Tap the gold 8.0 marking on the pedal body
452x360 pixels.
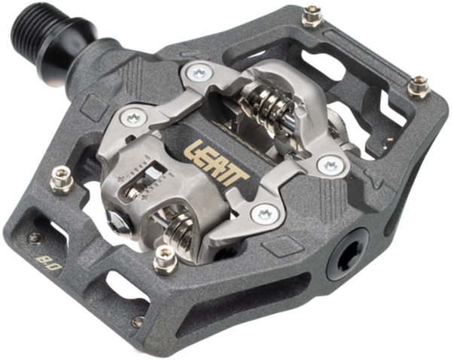coord(49,263)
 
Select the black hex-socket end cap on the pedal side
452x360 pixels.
coord(347,255)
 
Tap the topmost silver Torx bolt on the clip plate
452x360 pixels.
coord(200,72)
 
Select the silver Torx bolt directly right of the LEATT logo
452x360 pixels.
coord(331,166)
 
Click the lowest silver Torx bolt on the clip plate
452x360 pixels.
coord(265,214)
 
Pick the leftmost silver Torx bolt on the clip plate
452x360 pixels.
coord(133,117)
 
